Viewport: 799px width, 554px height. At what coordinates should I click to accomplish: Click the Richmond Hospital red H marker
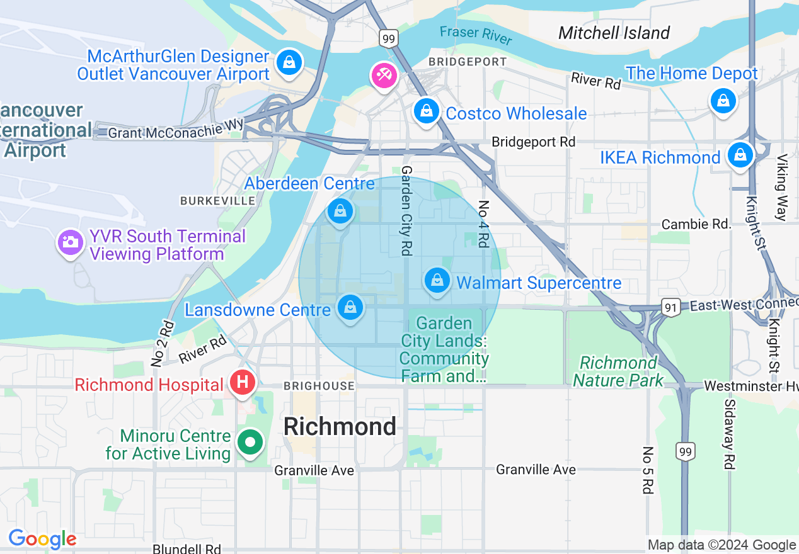click(242, 382)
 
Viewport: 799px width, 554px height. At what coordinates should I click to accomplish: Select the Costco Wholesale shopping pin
click(427, 111)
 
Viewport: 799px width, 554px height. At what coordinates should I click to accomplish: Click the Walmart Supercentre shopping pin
click(437, 280)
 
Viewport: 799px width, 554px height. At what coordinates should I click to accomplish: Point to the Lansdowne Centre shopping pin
click(350, 308)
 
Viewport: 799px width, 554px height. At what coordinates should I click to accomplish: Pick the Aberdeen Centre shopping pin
click(340, 212)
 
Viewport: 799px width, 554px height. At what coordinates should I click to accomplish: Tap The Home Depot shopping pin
click(723, 100)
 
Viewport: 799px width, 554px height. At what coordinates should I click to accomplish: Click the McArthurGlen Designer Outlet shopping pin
click(289, 62)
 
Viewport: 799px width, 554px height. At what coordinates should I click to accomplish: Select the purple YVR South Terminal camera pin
click(70, 242)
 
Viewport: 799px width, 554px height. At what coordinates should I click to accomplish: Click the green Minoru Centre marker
click(250, 443)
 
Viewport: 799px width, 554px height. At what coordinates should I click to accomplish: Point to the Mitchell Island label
click(614, 33)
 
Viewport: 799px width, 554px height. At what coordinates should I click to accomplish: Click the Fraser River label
click(476, 35)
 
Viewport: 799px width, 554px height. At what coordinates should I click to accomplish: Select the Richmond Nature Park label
click(618, 371)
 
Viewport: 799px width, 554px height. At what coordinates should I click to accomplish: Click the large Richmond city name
click(340, 427)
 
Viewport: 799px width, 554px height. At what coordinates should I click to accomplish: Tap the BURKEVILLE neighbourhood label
click(217, 201)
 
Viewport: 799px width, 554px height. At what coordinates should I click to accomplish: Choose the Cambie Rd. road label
click(696, 224)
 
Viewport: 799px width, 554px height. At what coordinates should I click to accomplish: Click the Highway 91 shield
click(670, 307)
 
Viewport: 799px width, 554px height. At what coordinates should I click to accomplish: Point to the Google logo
click(42, 539)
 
